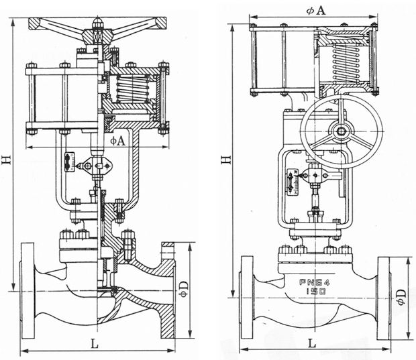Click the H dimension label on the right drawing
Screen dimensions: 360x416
tap(226, 158)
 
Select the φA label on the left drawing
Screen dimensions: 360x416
tap(118, 141)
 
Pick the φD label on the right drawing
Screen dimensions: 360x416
tap(401, 296)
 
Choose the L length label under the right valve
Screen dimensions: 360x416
tap(312, 343)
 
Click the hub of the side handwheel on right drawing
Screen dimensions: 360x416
tap(341, 129)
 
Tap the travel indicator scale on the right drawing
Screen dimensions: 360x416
tap(292, 183)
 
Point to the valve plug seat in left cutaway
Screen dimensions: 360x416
tap(105, 289)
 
